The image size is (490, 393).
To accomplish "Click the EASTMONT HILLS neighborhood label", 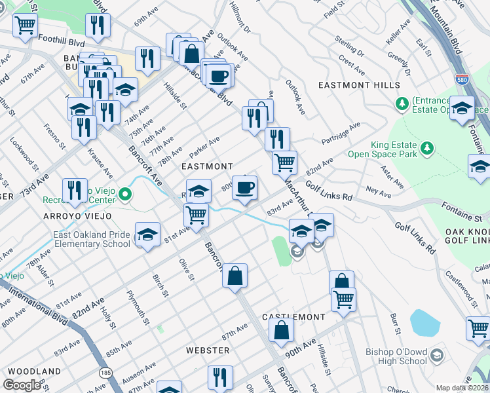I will (x=358, y=86).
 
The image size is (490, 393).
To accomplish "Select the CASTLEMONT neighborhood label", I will (x=293, y=316).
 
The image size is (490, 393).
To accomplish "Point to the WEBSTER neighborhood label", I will (x=208, y=350).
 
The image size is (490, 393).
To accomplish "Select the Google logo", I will (x=22, y=385).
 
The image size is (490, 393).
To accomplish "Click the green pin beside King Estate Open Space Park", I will (x=428, y=147).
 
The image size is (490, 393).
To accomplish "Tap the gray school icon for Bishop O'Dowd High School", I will (x=437, y=355).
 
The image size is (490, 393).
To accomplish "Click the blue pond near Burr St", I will (x=424, y=323).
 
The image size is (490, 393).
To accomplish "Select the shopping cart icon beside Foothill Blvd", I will (x=25, y=26).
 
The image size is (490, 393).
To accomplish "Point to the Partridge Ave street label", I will (x=341, y=134).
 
